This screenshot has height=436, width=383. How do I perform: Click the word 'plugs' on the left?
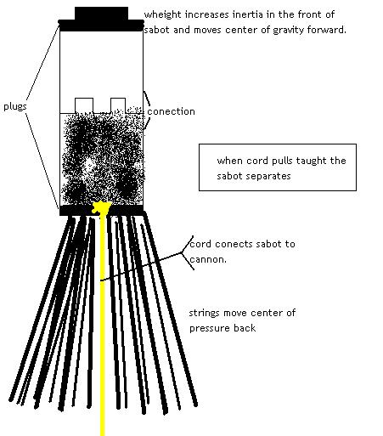[x=15, y=107]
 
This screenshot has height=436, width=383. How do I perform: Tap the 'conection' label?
[x=171, y=111]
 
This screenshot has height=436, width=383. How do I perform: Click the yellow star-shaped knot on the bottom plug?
[x=101, y=207]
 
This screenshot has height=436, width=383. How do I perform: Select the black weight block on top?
[x=101, y=14]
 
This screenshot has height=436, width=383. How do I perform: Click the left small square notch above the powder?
[x=84, y=105]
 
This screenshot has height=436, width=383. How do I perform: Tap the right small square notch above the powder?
[x=118, y=105]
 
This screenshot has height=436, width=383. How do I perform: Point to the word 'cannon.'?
[x=208, y=259]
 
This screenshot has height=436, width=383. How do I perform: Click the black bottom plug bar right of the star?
[x=127, y=211]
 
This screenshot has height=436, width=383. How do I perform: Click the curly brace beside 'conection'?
[x=147, y=110]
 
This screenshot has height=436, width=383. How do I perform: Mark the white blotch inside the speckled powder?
[x=89, y=166]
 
